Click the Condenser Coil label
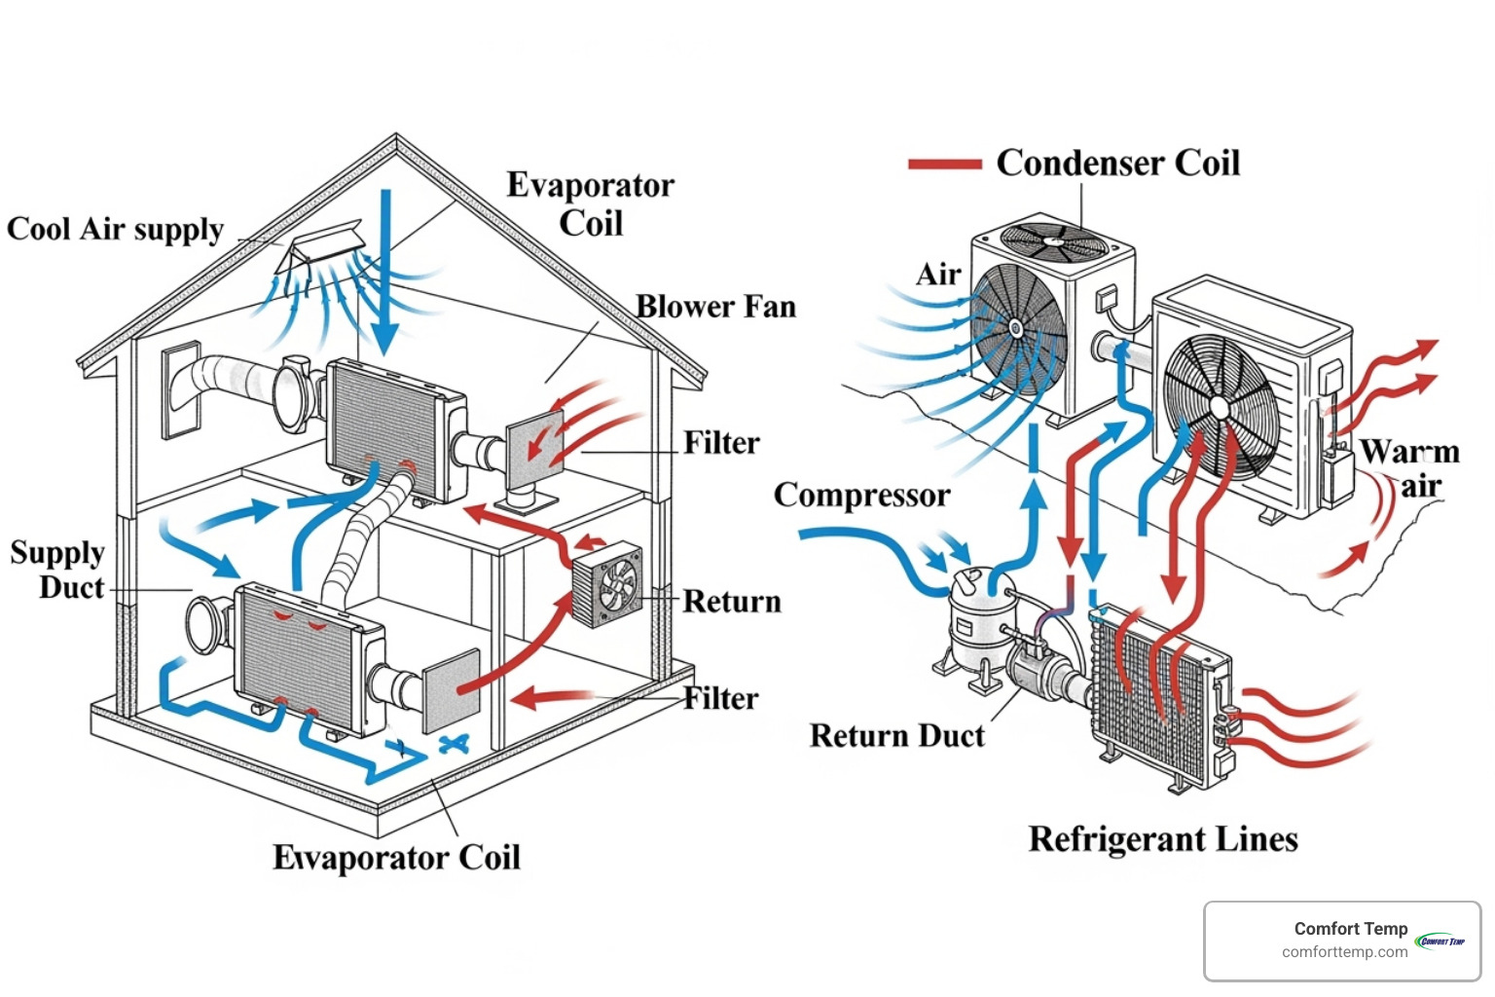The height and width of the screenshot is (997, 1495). [x=1117, y=163]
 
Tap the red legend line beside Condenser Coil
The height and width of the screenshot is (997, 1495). [x=943, y=165]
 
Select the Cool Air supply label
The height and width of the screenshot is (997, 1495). [x=115, y=230]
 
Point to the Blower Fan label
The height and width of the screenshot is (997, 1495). [x=715, y=307]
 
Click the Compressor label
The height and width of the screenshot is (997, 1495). [x=861, y=495]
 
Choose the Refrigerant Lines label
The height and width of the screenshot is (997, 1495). [x=1163, y=839]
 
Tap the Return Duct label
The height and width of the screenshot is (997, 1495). [x=896, y=735]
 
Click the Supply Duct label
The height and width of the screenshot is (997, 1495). [x=58, y=570]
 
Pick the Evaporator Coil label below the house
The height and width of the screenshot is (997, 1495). [x=396, y=857]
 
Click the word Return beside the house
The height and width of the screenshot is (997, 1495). [x=731, y=602]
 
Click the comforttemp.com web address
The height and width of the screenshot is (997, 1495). [x=1344, y=952]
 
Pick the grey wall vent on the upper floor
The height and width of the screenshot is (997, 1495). [x=181, y=390]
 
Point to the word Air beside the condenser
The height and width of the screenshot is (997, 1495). [x=938, y=275]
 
